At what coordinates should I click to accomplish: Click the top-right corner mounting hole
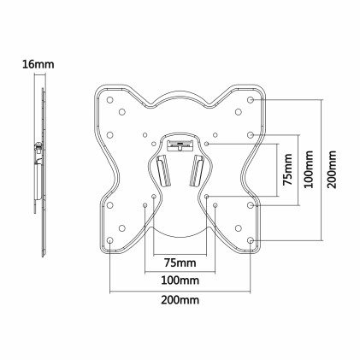pyautogui.click(x=251, y=100)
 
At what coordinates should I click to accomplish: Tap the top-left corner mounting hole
pyautogui.click(x=111, y=100)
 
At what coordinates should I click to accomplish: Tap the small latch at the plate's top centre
pyautogui.click(x=180, y=141)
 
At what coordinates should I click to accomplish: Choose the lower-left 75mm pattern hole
pyautogui.click(x=154, y=197)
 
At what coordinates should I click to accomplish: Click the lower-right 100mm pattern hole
pyautogui.click(x=216, y=205)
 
